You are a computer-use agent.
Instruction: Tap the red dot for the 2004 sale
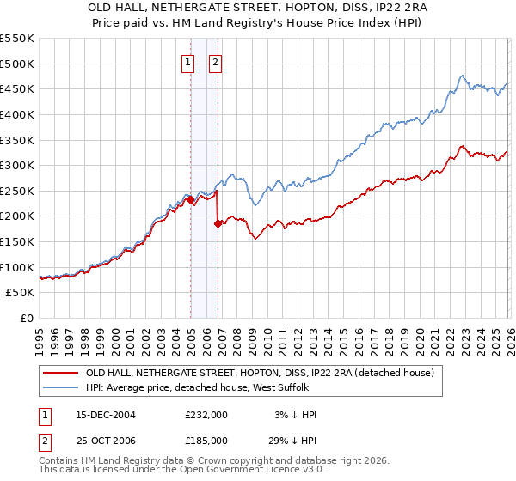click(x=190, y=199)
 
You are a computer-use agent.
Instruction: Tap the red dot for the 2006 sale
click(x=218, y=223)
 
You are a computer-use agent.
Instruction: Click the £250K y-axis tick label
click(x=17, y=191)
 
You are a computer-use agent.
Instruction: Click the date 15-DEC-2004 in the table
click(x=106, y=415)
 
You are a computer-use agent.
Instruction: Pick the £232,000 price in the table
click(x=206, y=415)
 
